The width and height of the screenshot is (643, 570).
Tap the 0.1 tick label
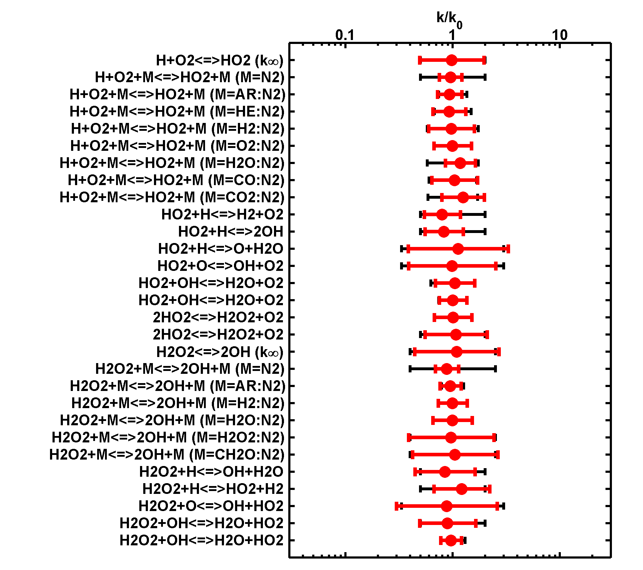pos(345,35)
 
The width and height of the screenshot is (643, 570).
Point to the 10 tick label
pos(559,35)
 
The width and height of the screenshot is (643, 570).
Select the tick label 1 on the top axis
pos(452,35)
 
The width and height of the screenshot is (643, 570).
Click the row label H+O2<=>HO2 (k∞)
pos(220,60)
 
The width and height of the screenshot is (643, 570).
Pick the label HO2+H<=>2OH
pos(231,232)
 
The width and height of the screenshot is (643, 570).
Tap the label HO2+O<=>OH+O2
pos(220,266)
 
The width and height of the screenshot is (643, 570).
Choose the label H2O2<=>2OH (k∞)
pos(220,352)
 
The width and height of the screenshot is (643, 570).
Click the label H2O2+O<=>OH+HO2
pos(211,506)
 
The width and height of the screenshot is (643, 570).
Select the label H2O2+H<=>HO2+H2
pos(213,489)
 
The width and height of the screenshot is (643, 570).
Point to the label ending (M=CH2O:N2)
pos(167,455)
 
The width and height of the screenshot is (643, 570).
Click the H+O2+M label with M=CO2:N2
pos(172,197)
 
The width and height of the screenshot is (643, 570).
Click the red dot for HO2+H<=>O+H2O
pos(458,249)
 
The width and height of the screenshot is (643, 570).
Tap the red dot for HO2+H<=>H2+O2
pos(442,215)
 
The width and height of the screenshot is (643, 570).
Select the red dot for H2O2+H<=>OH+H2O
pos(445,472)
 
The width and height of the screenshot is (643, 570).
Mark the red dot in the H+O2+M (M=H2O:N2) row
pos(460,163)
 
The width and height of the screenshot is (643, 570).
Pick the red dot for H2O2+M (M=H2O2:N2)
pos(451,437)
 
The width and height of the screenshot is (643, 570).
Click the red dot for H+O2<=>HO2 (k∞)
pos(452,60)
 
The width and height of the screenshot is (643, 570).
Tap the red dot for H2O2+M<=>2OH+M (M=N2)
pos(447,369)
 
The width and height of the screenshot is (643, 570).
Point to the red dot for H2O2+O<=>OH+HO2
pos(447,506)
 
